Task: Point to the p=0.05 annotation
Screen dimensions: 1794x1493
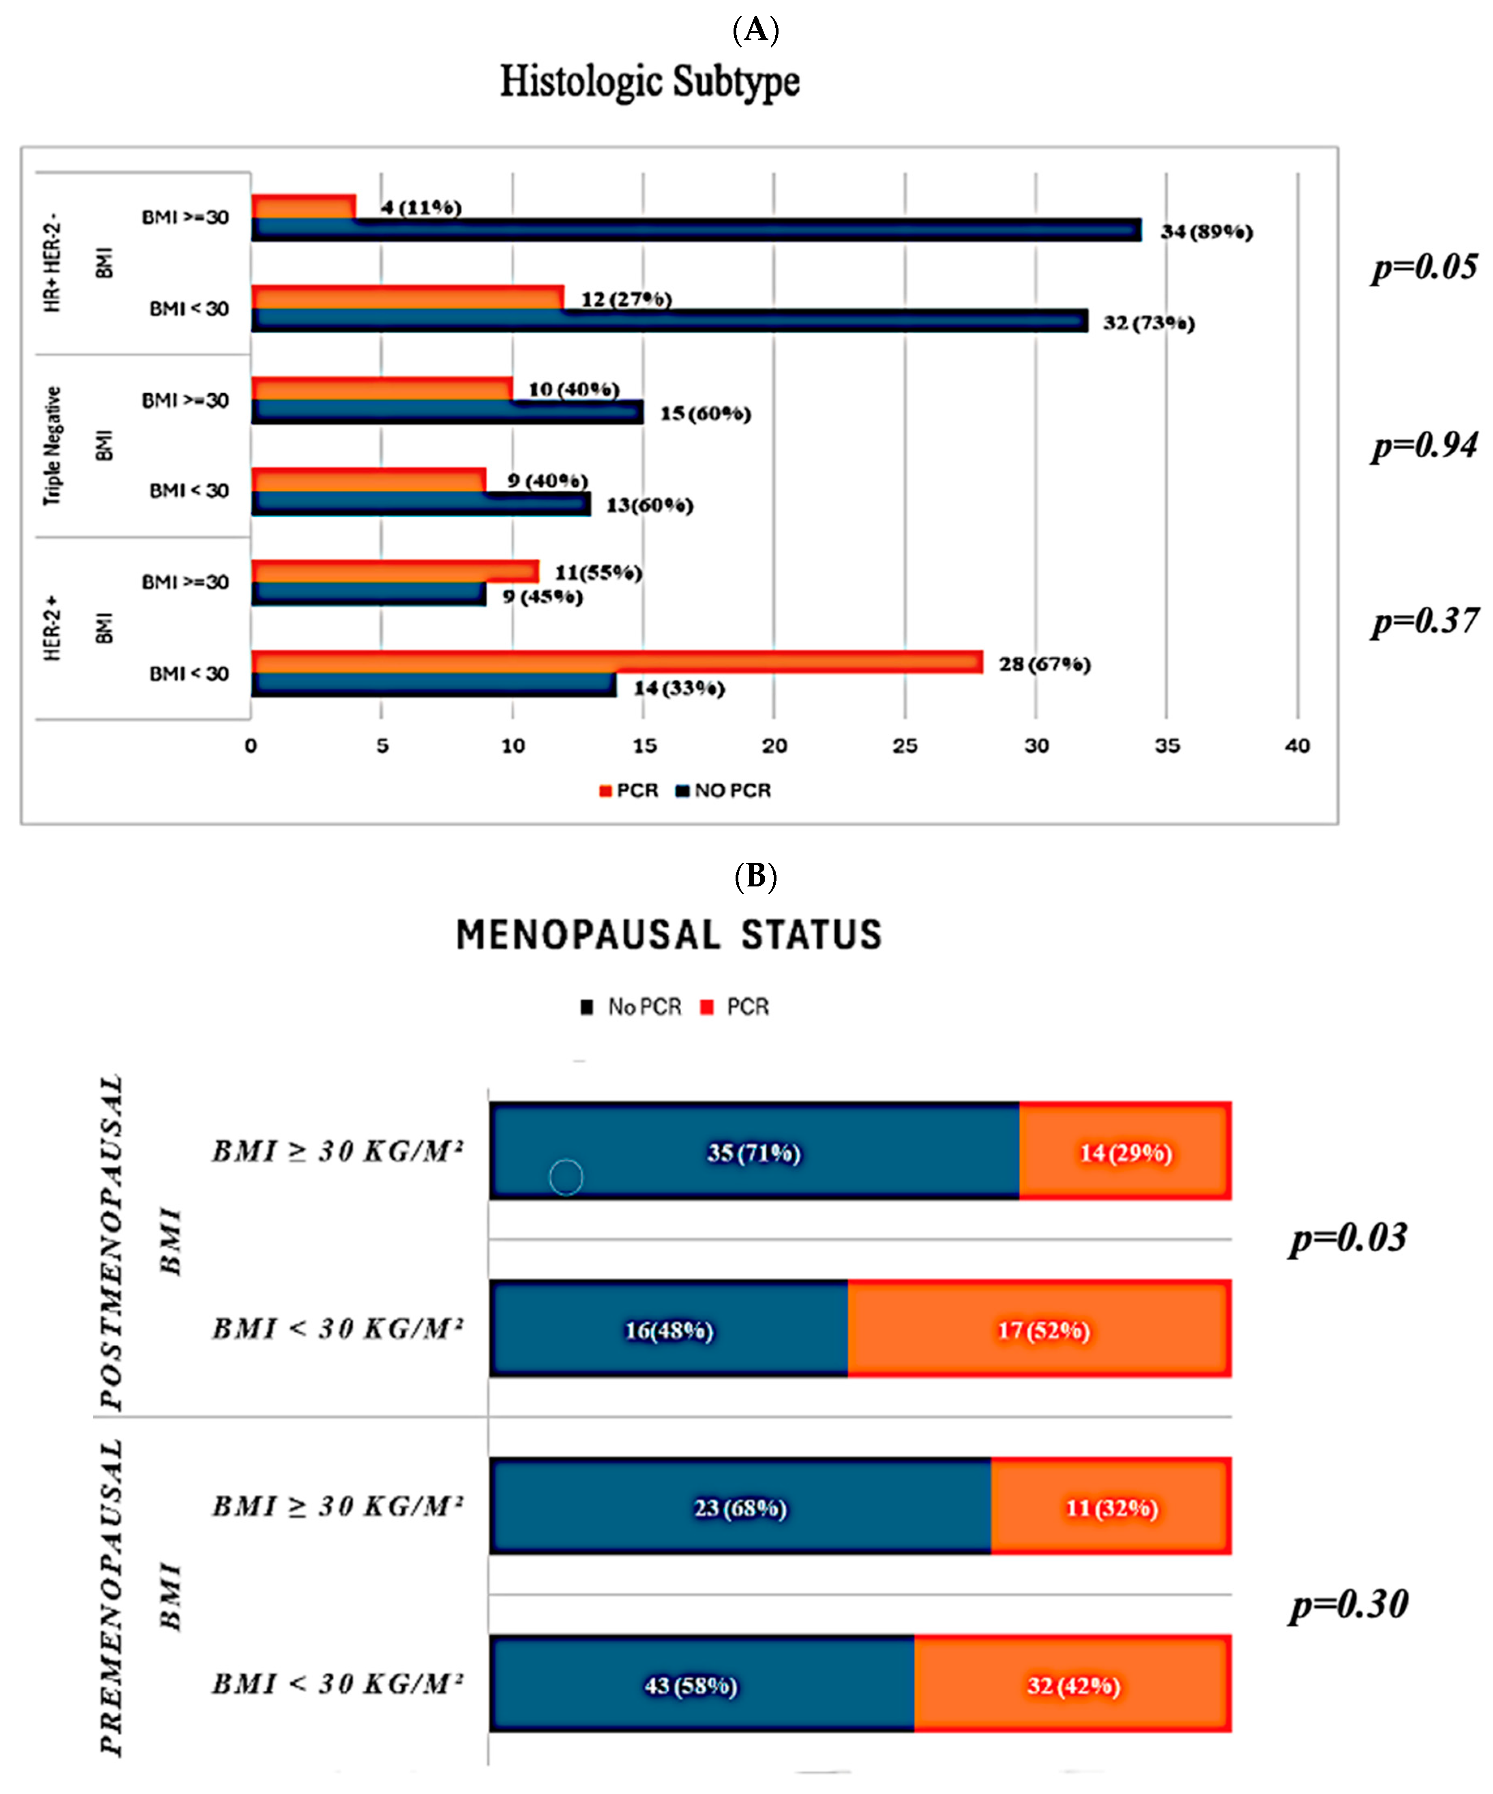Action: [x=1424, y=267]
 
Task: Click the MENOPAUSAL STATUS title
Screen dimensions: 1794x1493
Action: [x=669, y=935]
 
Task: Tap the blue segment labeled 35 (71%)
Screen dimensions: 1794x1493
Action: [x=754, y=1152]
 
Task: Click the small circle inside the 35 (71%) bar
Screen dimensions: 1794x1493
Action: [x=565, y=1177]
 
